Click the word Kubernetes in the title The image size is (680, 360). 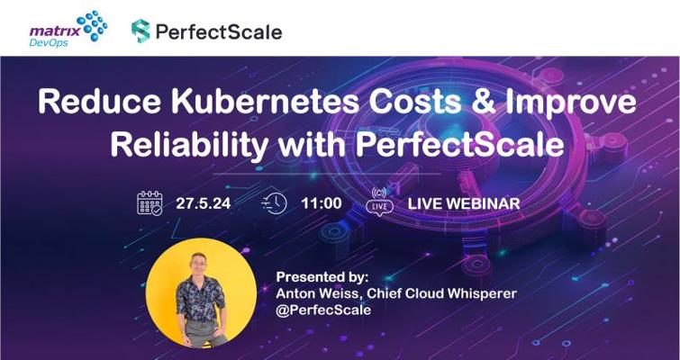coord(265,103)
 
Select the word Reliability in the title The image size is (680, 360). coord(189,145)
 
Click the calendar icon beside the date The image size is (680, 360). coord(150,203)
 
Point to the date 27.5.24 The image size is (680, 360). coord(203,203)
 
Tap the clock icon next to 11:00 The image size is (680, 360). coord(274,203)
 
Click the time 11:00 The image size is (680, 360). coord(322,203)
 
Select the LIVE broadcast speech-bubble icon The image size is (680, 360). coord(379,202)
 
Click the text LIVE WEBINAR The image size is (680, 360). coord(464,203)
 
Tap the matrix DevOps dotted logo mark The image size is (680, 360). coord(92,25)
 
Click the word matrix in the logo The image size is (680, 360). coord(55,31)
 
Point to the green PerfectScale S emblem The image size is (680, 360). coord(141,31)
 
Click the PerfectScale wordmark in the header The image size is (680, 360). coord(219,31)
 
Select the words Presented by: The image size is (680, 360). coord(322,277)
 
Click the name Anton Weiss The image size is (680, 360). coord(318,293)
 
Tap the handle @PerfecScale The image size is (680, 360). coord(323,310)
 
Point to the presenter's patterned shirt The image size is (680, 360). coord(200,300)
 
